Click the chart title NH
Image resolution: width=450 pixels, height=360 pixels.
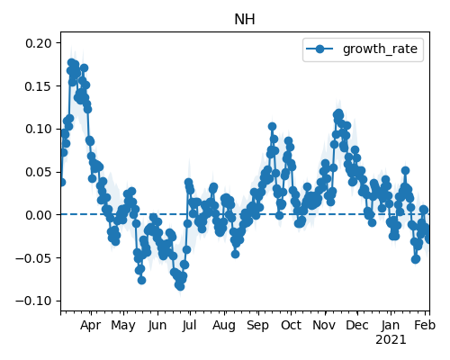click(x=245, y=20)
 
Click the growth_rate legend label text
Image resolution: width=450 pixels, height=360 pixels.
click(x=380, y=49)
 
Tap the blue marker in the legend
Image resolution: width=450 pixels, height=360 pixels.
click(x=319, y=49)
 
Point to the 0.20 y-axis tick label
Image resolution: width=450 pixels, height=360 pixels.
click(x=39, y=43)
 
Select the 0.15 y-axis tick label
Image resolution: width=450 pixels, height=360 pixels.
click(x=39, y=86)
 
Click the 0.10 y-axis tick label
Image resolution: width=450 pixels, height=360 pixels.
click(x=39, y=129)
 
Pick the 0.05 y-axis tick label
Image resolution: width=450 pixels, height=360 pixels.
click(x=39, y=172)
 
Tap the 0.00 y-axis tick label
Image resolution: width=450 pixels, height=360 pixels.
click(x=39, y=215)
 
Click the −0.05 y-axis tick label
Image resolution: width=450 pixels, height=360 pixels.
click(x=34, y=258)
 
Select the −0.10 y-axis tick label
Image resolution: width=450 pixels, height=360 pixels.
click(x=34, y=301)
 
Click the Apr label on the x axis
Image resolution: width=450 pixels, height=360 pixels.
click(x=91, y=326)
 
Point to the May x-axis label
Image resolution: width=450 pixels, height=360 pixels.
click(x=123, y=326)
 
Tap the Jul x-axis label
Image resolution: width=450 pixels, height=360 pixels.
click(x=189, y=325)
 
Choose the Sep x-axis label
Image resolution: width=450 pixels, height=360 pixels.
click(x=258, y=326)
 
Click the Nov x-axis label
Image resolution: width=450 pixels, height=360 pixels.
click(x=324, y=325)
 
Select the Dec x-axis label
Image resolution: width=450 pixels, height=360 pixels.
click(x=357, y=325)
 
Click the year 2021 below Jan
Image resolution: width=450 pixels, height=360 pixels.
click(x=391, y=340)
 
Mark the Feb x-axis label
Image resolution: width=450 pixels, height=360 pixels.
click(x=425, y=325)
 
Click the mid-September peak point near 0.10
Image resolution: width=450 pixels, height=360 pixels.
click(x=272, y=127)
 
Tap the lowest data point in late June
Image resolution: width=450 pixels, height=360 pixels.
click(x=180, y=286)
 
